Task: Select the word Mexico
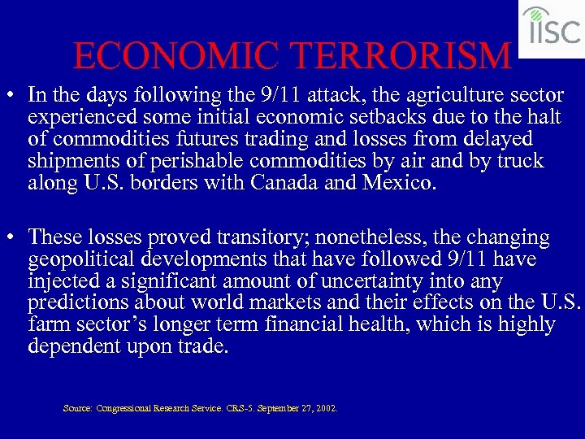click(396, 182)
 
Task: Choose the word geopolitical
click(81, 259)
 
